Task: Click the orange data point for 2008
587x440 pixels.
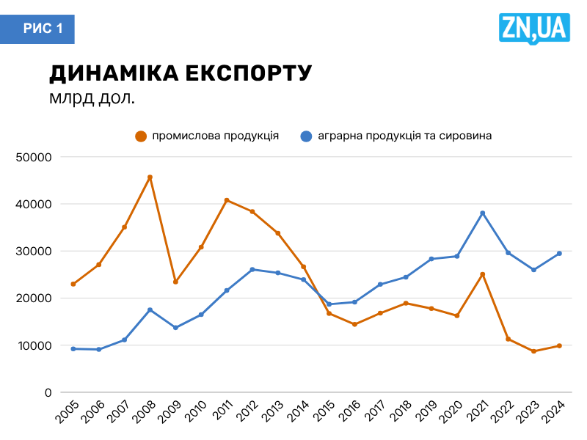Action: [x=150, y=177]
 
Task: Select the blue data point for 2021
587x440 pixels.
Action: [x=483, y=213]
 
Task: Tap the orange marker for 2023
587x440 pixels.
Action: [x=534, y=351]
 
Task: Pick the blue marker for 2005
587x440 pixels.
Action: [x=73, y=349]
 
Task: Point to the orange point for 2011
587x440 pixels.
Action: [x=227, y=200]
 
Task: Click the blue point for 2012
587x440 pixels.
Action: [x=252, y=270]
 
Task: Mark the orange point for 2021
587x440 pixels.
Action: [x=483, y=274]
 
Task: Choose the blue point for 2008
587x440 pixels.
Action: [x=150, y=309]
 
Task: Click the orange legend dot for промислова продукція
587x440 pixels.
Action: [x=141, y=136]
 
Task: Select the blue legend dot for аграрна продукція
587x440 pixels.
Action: [x=307, y=136]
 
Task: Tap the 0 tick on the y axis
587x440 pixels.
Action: [x=46, y=392]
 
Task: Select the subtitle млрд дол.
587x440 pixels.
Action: [x=92, y=98]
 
